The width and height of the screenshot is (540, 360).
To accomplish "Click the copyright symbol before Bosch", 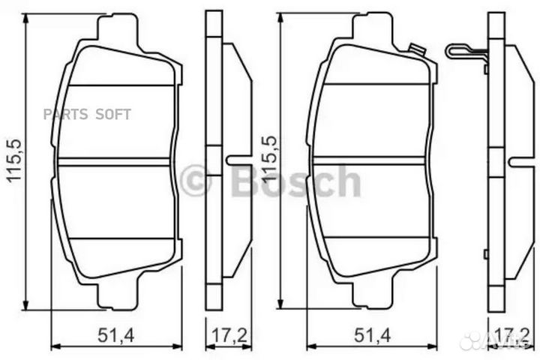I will click(196, 181).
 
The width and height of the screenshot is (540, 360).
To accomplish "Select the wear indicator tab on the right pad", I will click(415, 51).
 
